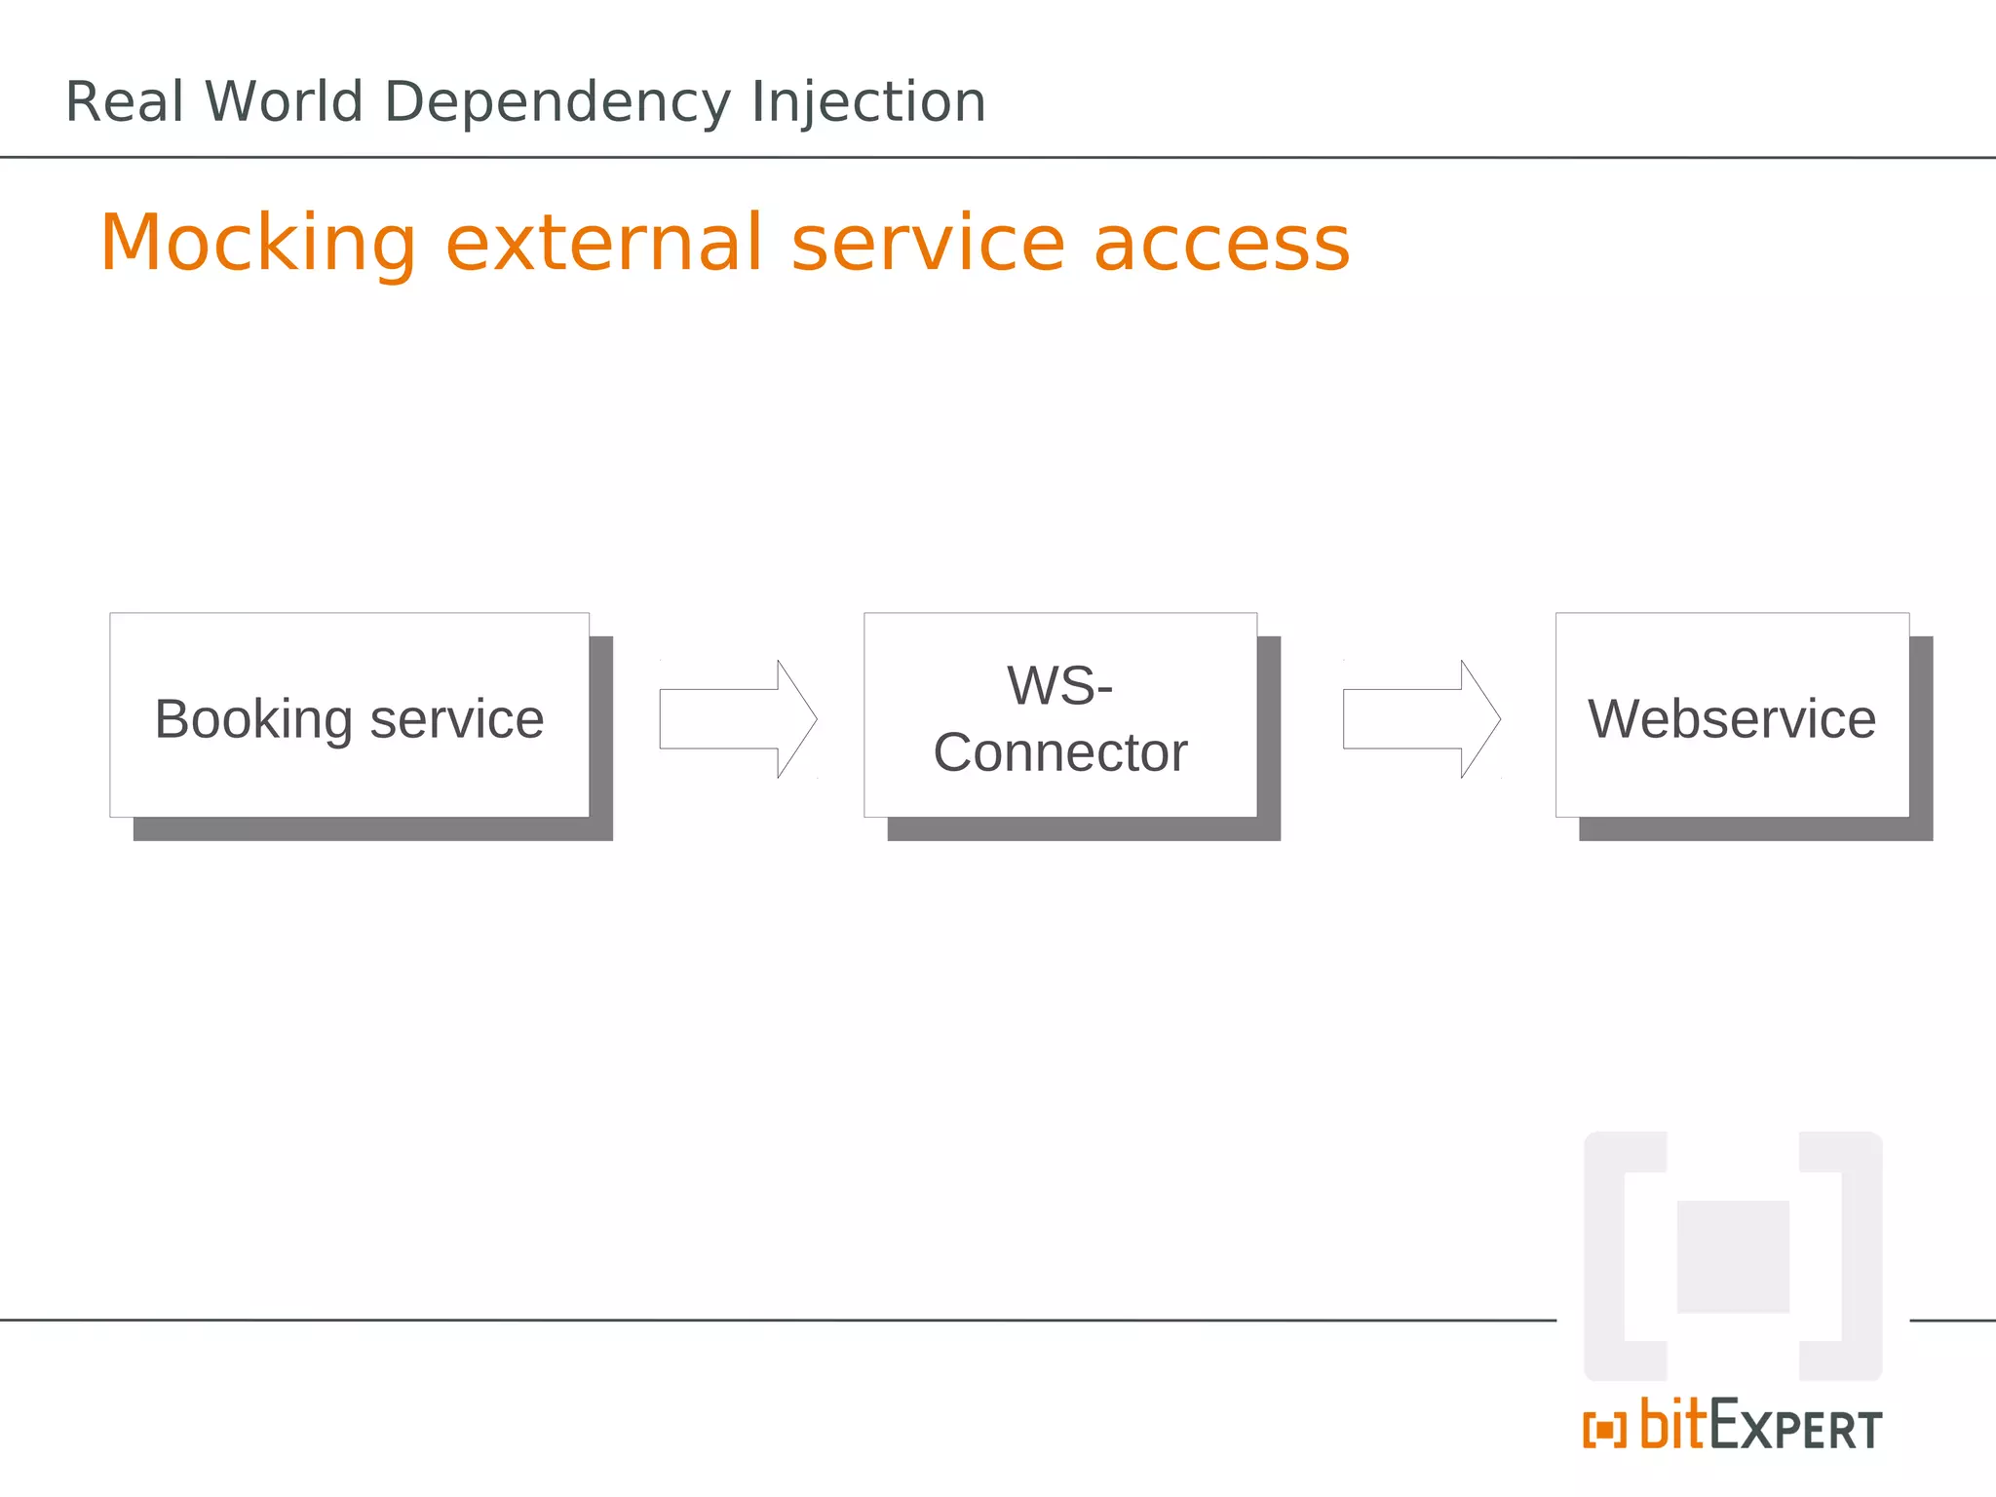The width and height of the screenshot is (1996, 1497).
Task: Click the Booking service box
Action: [x=349, y=714]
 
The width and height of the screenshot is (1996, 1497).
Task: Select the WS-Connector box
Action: [x=1060, y=714]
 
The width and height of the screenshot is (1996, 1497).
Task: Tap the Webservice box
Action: [x=1732, y=714]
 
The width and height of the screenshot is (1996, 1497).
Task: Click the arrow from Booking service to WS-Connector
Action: [x=738, y=719]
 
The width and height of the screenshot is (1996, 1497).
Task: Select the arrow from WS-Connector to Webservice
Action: [x=1421, y=719]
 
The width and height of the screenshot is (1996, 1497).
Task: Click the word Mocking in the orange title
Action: [x=258, y=244]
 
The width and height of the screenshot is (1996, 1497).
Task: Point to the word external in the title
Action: [x=604, y=244]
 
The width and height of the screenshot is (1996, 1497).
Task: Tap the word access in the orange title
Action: [x=1222, y=244]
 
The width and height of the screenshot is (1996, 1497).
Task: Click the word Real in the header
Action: [x=125, y=102]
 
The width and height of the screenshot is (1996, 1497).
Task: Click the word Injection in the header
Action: [x=868, y=102]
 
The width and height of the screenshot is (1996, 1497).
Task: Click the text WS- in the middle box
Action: [x=1060, y=685]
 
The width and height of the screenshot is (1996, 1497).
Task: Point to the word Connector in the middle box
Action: [x=1060, y=752]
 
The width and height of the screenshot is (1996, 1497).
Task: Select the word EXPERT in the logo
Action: [x=1796, y=1428]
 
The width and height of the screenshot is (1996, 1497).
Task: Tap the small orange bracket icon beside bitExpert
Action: [x=1604, y=1430]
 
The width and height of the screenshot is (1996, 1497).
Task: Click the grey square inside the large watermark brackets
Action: [x=1733, y=1256]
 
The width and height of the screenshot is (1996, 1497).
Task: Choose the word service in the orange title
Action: [x=928, y=244]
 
